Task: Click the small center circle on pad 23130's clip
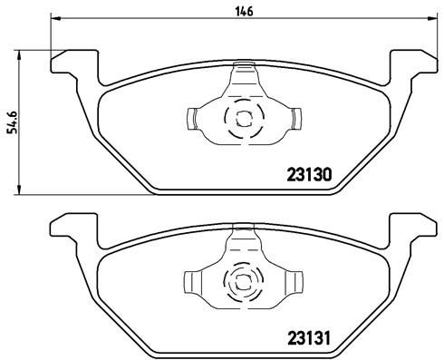tap(243, 117)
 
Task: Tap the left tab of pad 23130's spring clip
tap(194, 117)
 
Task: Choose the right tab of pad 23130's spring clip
tap(294, 117)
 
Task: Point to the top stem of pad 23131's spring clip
tap(243, 238)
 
